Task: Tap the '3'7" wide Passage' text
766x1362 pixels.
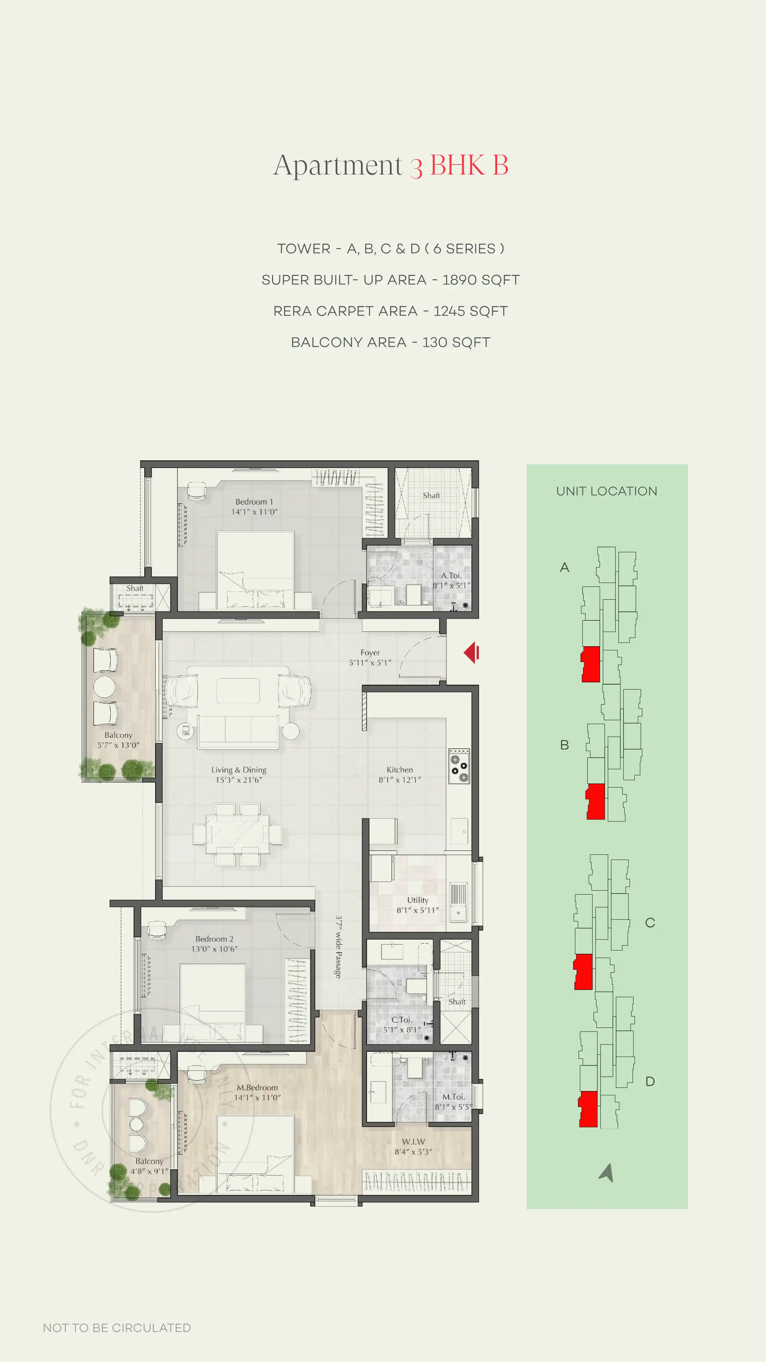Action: (338, 946)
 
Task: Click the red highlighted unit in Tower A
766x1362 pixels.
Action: (591, 664)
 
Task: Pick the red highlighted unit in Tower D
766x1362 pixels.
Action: (588, 1109)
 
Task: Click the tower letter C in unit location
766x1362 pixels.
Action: (650, 923)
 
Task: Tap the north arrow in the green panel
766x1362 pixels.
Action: (607, 1173)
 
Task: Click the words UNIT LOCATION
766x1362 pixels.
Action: (606, 491)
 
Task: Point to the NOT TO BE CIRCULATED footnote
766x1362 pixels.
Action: (117, 1328)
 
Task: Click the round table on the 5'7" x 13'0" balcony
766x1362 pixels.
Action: (104, 686)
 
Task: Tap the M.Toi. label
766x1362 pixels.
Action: (453, 1097)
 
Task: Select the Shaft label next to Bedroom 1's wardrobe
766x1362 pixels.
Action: (431, 495)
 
